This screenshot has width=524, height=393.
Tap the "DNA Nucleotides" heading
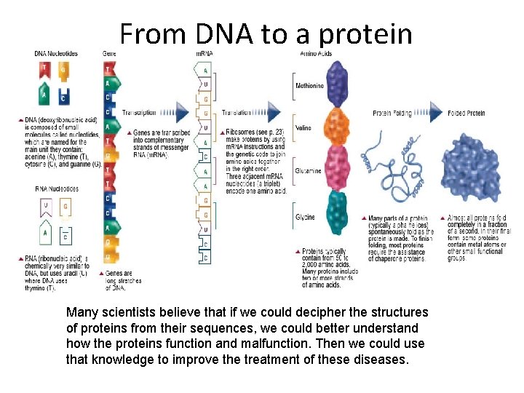tap(57, 54)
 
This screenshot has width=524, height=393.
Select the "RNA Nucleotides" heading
tap(57, 188)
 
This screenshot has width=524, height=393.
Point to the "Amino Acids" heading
tap(317, 54)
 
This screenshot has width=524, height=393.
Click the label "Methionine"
tap(309, 86)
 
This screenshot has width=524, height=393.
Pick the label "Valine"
tap(303, 128)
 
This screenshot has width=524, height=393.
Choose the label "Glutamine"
tap(308, 171)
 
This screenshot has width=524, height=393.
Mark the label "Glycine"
tap(305, 218)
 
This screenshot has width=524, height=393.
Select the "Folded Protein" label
tap(467, 114)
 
